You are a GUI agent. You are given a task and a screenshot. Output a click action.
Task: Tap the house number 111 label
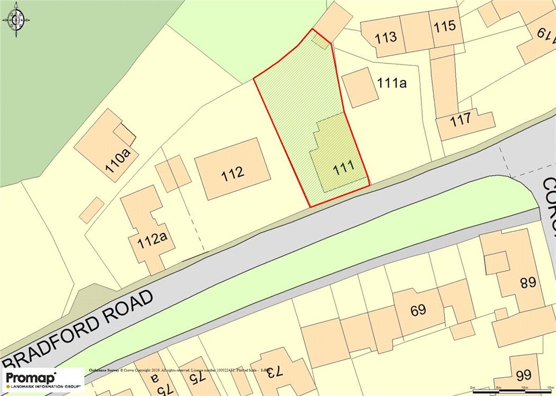[344, 167]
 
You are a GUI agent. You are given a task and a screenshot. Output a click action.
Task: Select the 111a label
[392, 83]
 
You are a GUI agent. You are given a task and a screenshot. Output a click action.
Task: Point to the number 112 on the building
[233, 173]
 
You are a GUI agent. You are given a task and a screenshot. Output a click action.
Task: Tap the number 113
[386, 37]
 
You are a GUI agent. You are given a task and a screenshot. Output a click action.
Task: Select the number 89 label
[528, 282]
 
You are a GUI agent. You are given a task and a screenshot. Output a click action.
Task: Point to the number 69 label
[418, 309]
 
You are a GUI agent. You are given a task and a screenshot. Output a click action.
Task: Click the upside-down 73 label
[273, 371]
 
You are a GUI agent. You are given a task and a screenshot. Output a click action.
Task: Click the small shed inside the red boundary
[319, 41]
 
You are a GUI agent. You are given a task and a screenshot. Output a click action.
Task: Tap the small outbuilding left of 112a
[92, 210]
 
